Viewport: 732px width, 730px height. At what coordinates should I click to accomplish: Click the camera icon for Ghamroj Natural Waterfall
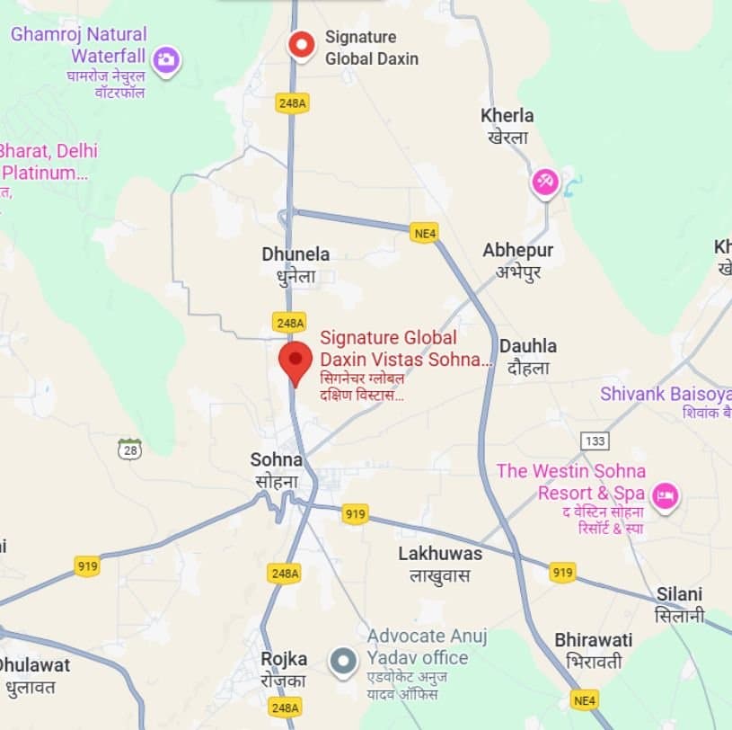click(x=164, y=60)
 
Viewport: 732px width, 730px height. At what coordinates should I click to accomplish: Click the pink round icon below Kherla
click(x=545, y=182)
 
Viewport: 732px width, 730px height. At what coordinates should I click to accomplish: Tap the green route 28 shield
click(x=129, y=450)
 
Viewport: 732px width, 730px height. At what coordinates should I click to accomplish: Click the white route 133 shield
click(x=595, y=441)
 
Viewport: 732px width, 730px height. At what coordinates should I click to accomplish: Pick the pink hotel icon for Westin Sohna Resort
click(x=665, y=495)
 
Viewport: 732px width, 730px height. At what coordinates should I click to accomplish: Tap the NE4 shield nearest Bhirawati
click(x=585, y=699)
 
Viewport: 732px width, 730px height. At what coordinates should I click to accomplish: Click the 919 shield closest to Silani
click(x=562, y=572)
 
